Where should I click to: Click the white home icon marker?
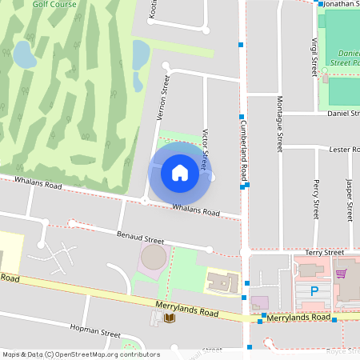180,172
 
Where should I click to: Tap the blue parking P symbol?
314,292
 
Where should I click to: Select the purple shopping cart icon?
341,274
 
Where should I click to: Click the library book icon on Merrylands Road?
169,318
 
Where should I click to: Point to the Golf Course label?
54,4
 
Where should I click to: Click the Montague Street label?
280,123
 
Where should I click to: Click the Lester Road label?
346,150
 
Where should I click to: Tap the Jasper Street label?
349,200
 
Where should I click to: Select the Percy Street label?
317,200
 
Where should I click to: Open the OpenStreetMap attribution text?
80,354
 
